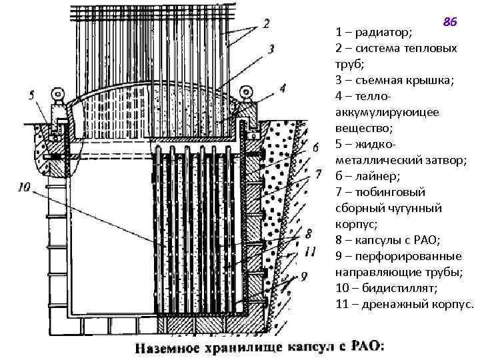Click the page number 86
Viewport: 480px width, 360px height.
(x=450, y=22)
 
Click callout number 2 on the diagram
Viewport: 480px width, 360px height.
(x=266, y=24)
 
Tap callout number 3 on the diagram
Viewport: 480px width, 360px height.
(x=272, y=48)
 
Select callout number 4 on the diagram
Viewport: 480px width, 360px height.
(x=283, y=87)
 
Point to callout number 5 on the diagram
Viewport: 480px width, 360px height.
(x=31, y=95)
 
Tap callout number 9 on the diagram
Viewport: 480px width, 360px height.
(x=305, y=274)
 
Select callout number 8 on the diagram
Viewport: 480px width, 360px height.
(x=307, y=233)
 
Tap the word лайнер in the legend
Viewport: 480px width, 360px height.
(x=380, y=176)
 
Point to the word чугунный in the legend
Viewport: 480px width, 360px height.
(x=415, y=208)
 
